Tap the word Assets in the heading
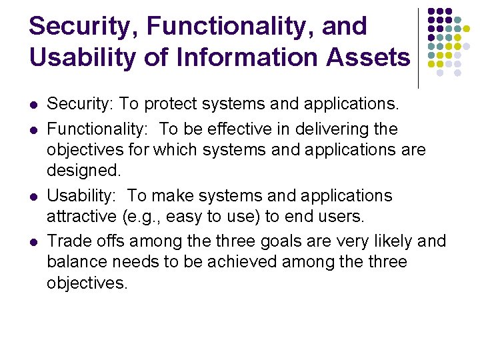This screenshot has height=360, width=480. coord(369,57)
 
